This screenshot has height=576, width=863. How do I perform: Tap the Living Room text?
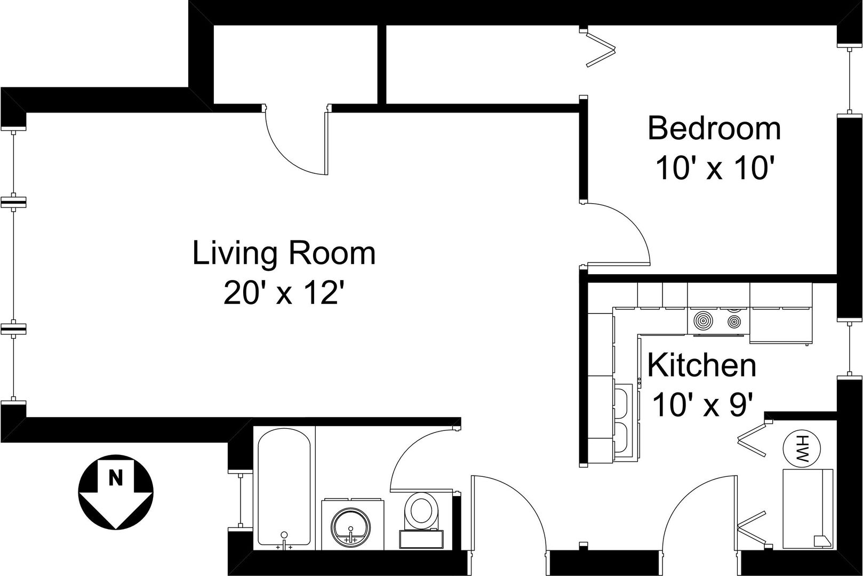(x=284, y=253)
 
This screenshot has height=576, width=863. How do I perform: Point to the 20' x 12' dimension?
(x=284, y=292)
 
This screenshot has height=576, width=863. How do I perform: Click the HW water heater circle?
(x=802, y=449)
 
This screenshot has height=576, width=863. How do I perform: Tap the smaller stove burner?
(x=734, y=321)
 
